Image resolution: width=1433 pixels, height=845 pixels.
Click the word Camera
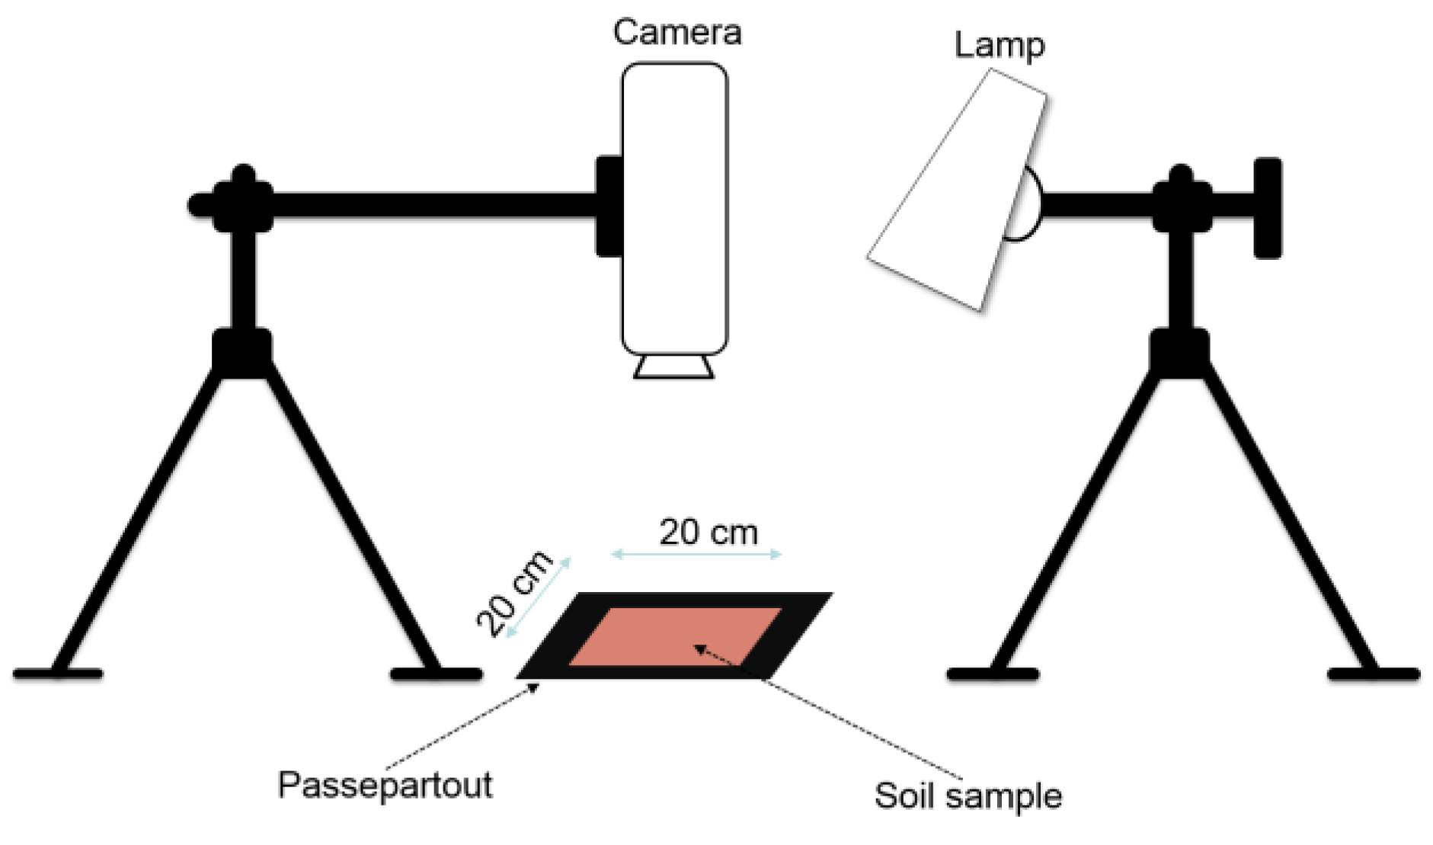(677, 33)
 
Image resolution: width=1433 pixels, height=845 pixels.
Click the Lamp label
(999, 46)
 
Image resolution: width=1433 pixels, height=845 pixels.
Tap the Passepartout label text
(385, 786)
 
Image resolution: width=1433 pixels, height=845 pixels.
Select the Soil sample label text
(968, 796)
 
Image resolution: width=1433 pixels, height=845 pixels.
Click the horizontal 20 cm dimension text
(708, 532)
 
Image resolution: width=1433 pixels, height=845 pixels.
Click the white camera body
(674, 206)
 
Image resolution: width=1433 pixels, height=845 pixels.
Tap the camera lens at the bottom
(673, 367)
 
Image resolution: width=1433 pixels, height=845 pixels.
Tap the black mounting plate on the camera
(609, 206)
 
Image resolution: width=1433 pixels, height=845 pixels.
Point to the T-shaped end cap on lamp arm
(1267, 207)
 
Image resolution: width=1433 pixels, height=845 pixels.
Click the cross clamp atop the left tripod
(242, 200)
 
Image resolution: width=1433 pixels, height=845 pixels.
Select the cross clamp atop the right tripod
(1180, 200)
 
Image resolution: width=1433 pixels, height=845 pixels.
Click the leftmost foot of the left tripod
(58, 674)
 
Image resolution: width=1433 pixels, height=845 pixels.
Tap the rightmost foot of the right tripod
(1374, 674)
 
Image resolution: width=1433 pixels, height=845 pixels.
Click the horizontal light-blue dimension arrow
(696, 555)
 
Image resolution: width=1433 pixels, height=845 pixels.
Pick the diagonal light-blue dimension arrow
(539, 597)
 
